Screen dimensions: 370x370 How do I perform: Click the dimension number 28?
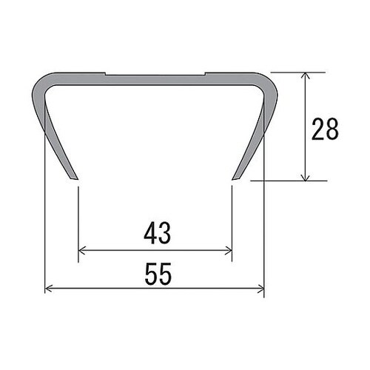325,129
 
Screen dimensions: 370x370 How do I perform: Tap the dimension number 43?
158,233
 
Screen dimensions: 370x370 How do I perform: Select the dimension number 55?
158,274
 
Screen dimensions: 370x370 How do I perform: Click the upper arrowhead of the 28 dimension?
306,75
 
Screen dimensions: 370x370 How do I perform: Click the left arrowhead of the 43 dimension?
82,250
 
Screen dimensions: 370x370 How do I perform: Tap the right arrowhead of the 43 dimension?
229,251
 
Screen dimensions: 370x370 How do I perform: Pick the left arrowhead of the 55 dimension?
48,288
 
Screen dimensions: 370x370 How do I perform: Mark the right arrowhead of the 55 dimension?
260,288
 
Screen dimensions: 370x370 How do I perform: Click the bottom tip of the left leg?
75,178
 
